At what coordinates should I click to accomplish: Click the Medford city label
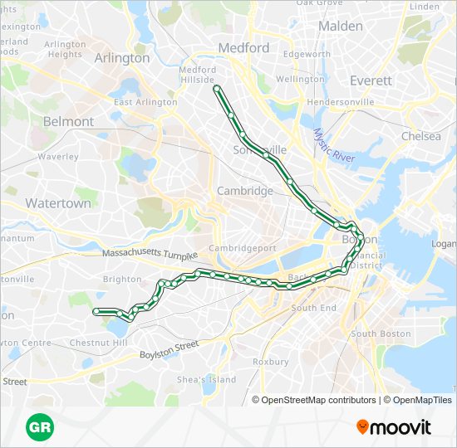pos(243,48)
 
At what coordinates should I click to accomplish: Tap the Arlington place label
pos(122,58)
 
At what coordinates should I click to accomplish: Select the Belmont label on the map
pos(68,121)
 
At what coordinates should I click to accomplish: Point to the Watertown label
pos(58,203)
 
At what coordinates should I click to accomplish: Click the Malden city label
pos(341,26)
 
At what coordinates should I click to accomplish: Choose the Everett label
pos(371,80)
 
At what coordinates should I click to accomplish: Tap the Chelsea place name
pos(421,136)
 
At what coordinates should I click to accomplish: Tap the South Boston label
pos(381,334)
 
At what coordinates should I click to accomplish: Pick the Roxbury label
pos(270,362)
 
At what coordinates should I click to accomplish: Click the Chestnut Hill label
pos(98,343)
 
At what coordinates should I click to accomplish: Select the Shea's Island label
pos(207,379)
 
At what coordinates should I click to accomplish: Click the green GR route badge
pos(40,427)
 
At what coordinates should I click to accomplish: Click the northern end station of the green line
pos(216,87)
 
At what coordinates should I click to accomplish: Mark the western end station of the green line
pos(96,311)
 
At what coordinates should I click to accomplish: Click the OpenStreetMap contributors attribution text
pos(319,400)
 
